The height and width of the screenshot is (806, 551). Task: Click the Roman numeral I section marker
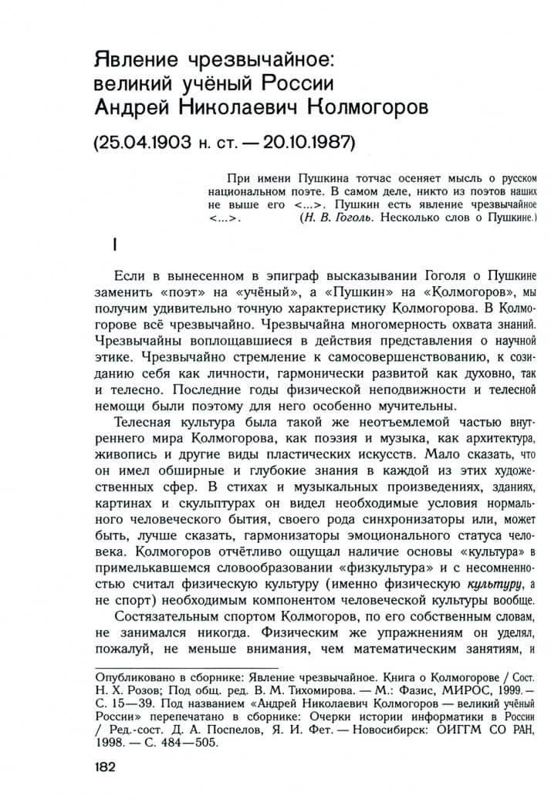tap(114, 245)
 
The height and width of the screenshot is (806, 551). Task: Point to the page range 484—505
tap(191, 744)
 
